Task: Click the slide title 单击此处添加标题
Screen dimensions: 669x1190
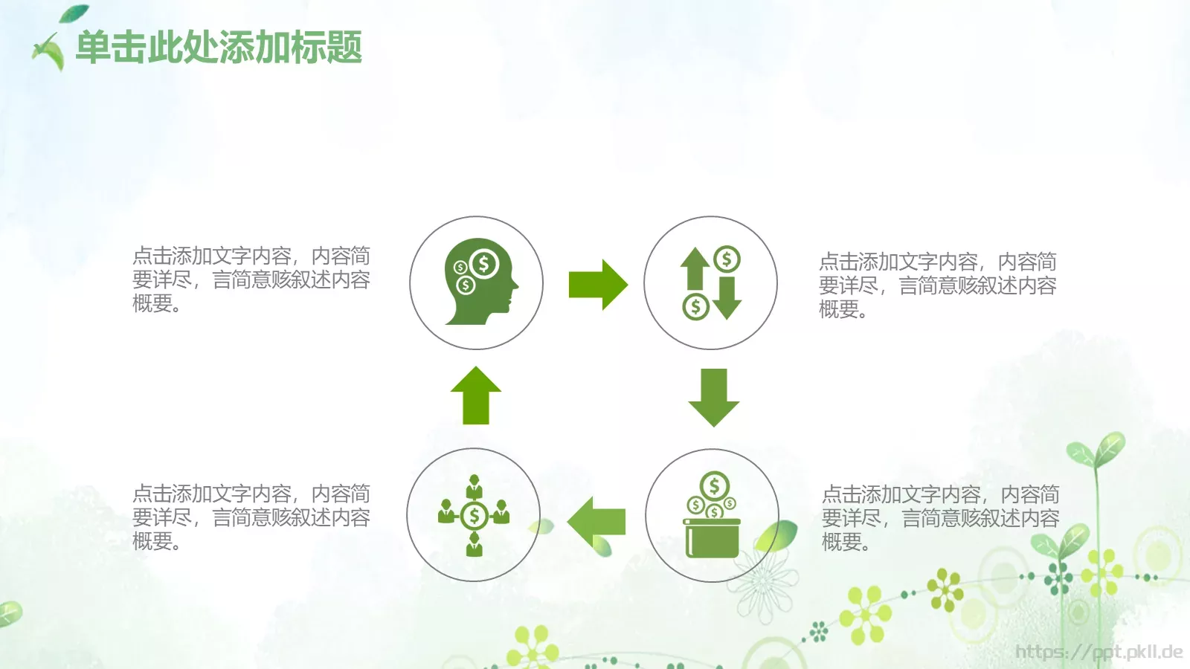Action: point(219,48)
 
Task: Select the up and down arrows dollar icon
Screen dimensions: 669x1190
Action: point(710,282)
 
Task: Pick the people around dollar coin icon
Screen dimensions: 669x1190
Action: point(474,515)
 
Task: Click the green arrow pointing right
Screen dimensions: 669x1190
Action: point(597,285)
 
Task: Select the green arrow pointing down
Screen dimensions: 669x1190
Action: point(714,397)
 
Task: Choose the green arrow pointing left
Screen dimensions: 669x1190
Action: point(596,521)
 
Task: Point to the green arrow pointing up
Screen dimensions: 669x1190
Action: point(476,395)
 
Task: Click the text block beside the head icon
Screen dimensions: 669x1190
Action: point(251,279)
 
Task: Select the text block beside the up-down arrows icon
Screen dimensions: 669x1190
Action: point(937,285)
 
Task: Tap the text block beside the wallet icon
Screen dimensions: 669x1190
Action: point(940,518)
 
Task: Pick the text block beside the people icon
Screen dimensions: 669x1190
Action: point(251,517)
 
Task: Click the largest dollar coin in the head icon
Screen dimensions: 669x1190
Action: point(484,263)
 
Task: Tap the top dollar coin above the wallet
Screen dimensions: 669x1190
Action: point(714,486)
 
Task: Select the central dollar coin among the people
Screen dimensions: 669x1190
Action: point(474,515)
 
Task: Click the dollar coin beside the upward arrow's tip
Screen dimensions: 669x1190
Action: point(727,259)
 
